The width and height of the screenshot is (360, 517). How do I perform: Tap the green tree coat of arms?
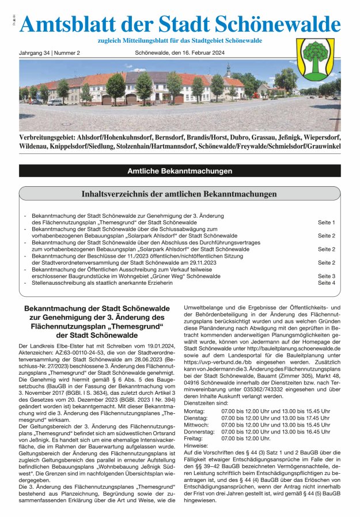click(x=315, y=59)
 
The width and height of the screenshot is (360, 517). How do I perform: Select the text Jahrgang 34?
click(x=34, y=53)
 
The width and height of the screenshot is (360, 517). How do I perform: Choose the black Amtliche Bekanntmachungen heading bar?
click(x=180, y=171)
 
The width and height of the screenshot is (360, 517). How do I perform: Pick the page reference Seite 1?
click(x=326, y=222)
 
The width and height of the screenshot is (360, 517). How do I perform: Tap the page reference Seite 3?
click(x=326, y=276)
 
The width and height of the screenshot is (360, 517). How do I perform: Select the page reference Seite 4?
click(x=326, y=283)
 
